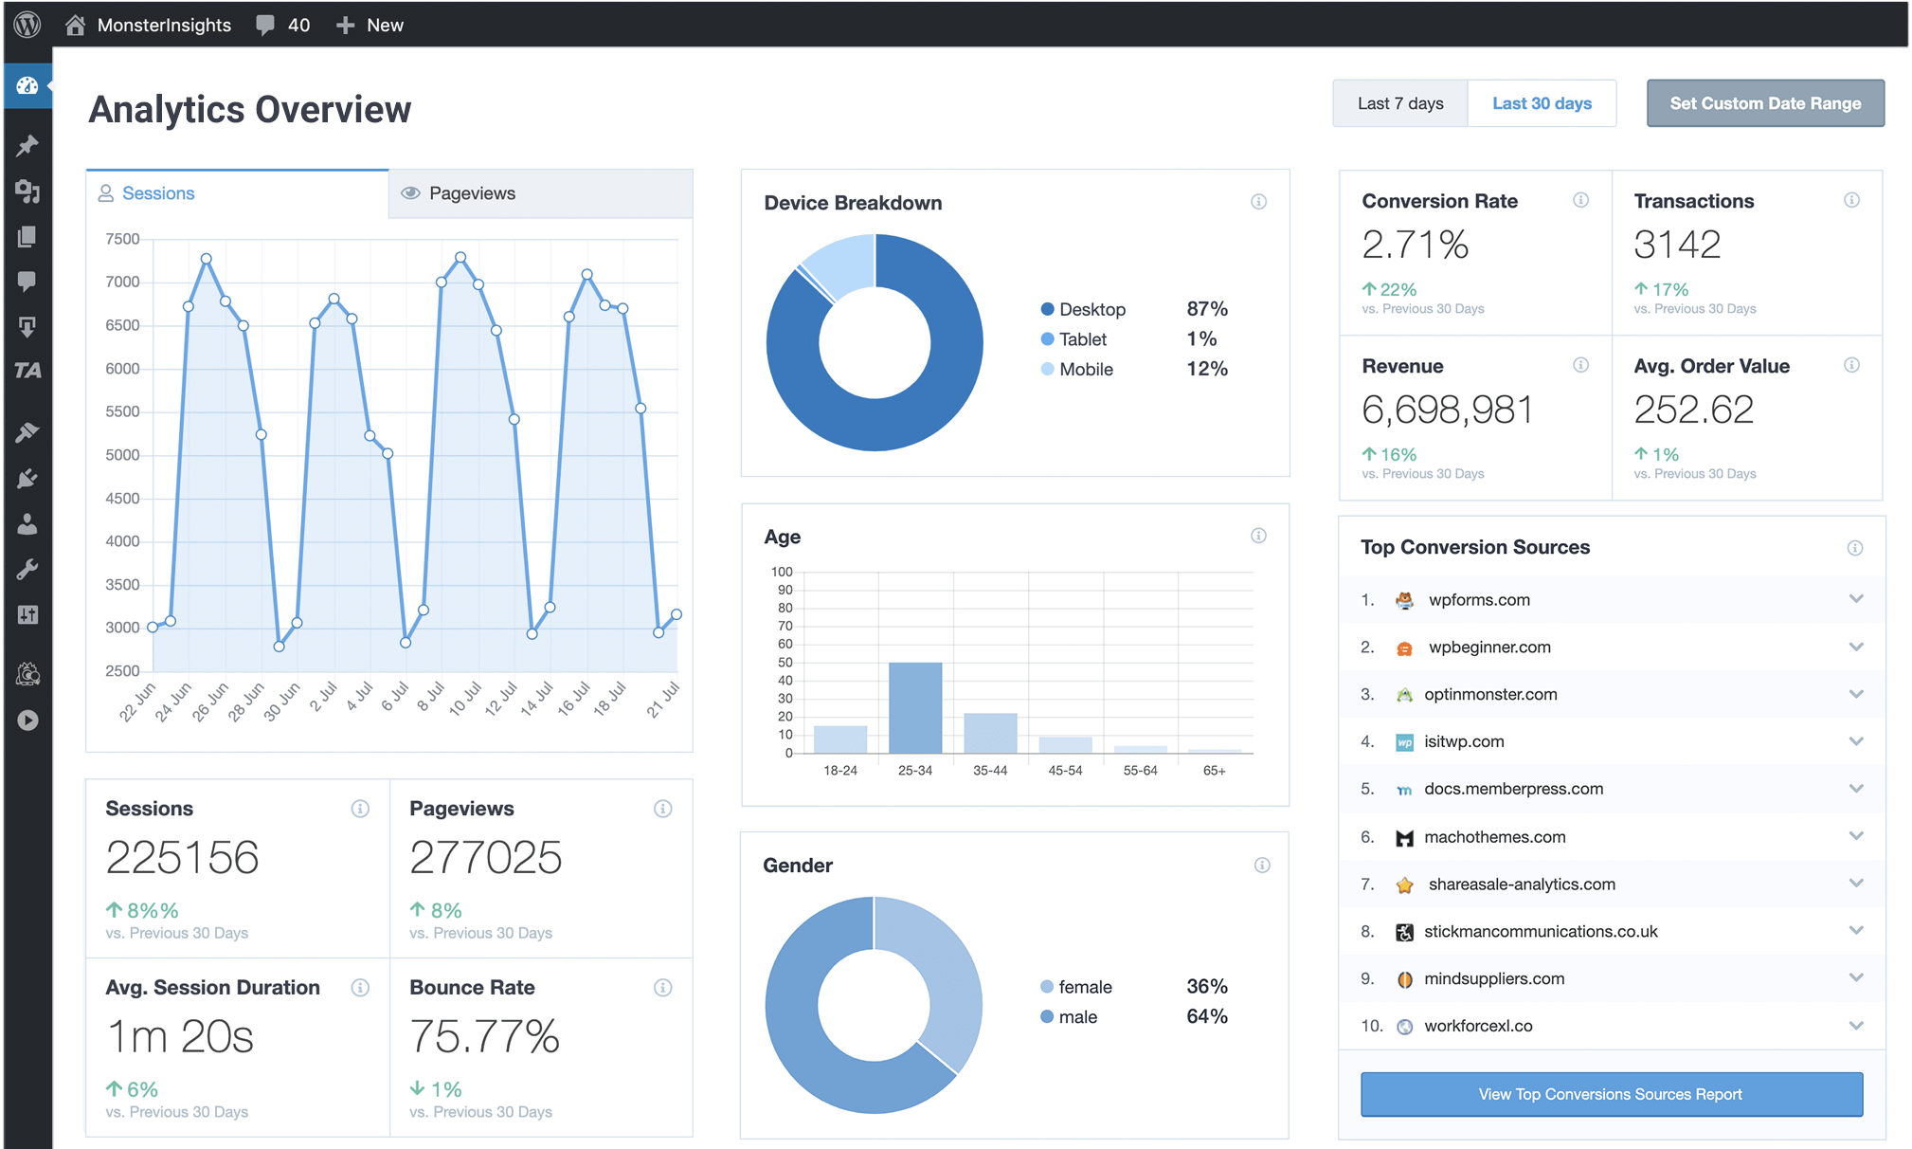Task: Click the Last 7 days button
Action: (1399, 103)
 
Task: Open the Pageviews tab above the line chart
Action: (471, 193)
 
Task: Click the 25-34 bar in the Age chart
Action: (914, 707)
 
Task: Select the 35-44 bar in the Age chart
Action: (990, 733)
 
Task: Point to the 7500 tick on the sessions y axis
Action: (122, 239)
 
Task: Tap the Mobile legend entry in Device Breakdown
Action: (1085, 370)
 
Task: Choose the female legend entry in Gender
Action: (1084, 987)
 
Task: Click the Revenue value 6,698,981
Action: (1446, 410)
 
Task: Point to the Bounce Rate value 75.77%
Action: (484, 1036)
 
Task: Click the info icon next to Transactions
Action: (1851, 200)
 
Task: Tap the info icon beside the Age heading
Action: (1258, 536)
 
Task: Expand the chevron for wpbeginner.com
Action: (1855, 647)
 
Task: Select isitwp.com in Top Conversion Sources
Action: (1463, 741)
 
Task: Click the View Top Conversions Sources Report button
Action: (1611, 1094)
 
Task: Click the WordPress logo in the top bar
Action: (27, 25)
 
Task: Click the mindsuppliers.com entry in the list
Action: (1493, 978)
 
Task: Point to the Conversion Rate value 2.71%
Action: (1415, 245)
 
